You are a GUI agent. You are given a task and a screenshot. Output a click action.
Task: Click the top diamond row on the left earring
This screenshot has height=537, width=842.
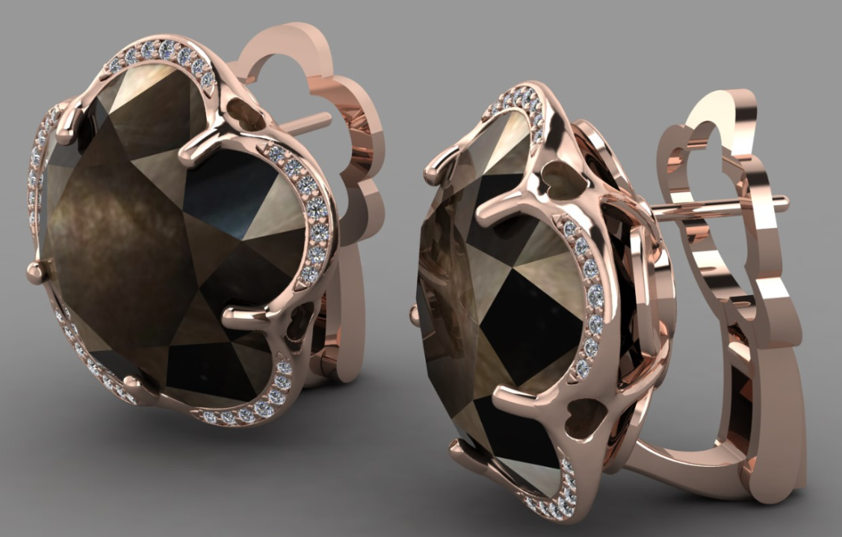tap(161, 55)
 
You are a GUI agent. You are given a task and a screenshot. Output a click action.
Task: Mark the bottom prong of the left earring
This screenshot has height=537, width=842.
tap(134, 385)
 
